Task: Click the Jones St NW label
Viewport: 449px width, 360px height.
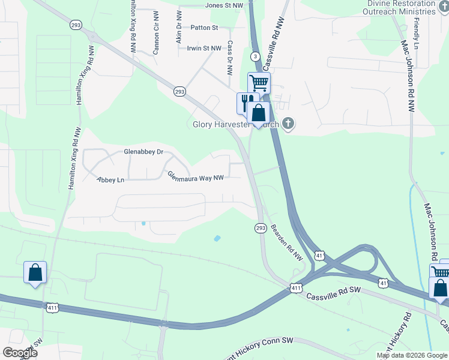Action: pyautogui.click(x=224, y=5)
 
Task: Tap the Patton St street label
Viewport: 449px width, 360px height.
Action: pyautogui.click(x=205, y=28)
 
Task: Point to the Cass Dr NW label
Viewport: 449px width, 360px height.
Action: pyautogui.click(x=230, y=58)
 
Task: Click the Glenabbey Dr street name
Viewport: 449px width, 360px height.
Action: pyautogui.click(x=143, y=152)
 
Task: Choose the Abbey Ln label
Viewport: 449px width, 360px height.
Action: pyautogui.click(x=110, y=179)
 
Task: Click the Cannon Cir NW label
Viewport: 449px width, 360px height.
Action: pyautogui.click(x=155, y=40)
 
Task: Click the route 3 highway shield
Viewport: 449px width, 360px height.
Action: pyautogui.click(x=256, y=56)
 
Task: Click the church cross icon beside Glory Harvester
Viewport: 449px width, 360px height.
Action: pyautogui.click(x=288, y=125)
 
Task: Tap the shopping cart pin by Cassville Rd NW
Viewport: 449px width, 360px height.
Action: pyautogui.click(x=259, y=82)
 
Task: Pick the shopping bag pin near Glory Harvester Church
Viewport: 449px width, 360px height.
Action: pyautogui.click(x=259, y=113)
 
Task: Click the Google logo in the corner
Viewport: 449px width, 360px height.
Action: pyautogui.click(x=20, y=353)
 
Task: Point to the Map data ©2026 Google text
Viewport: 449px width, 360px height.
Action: pyautogui.click(x=412, y=355)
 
